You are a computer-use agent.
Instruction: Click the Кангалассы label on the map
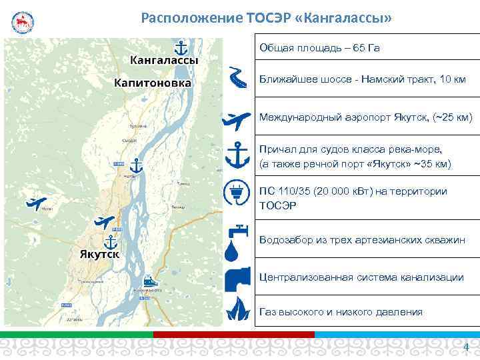(x=164, y=60)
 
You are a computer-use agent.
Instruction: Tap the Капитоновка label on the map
(x=153, y=83)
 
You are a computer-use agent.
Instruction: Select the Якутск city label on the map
(x=99, y=255)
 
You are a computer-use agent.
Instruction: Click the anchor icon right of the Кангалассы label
(x=179, y=47)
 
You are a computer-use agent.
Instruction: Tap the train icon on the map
(x=149, y=281)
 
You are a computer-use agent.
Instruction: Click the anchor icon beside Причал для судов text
(x=237, y=157)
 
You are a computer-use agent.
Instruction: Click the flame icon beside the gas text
(x=237, y=309)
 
